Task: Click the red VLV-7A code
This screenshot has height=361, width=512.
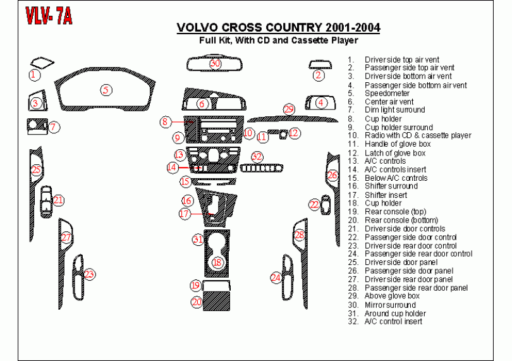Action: pyautogui.click(x=49, y=16)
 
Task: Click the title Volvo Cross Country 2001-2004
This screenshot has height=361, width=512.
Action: pyautogui.click(x=278, y=28)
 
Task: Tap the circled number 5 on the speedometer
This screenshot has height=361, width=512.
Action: pyautogui.click(x=107, y=90)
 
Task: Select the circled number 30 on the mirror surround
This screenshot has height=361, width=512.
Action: pyautogui.click(x=216, y=63)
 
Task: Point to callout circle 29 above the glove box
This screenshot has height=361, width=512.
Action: pyautogui.click(x=289, y=110)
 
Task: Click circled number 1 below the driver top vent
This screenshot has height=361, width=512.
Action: pyautogui.click(x=34, y=75)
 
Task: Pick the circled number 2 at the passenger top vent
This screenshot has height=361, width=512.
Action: pyautogui.click(x=319, y=75)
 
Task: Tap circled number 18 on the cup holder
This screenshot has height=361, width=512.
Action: pyautogui.click(x=217, y=262)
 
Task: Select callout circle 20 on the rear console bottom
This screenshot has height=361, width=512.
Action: pyautogui.click(x=197, y=302)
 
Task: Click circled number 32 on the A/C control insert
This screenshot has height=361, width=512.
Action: pyautogui.click(x=257, y=156)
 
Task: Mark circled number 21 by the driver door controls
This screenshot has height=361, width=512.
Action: pyautogui.click(x=58, y=200)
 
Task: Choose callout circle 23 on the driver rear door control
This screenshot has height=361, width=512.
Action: pyautogui.click(x=90, y=274)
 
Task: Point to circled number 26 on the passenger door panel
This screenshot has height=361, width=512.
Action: pyautogui.click(x=332, y=174)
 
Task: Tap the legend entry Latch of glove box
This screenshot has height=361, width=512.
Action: pyautogui.click(x=394, y=152)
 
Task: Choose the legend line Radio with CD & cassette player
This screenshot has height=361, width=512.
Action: pyautogui.click(x=417, y=135)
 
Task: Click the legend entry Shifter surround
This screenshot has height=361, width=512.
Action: pyautogui.click(x=391, y=187)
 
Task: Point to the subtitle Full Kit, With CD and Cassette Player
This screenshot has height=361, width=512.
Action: pyautogui.click(x=278, y=40)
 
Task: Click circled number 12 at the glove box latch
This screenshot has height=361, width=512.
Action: pyautogui.click(x=294, y=133)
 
